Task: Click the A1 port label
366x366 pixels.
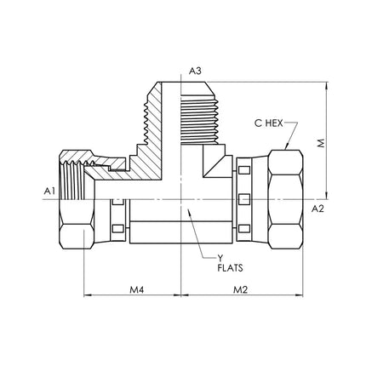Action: (x=49, y=192)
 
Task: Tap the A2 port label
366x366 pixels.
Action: (x=317, y=209)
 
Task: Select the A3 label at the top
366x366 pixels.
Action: (x=195, y=71)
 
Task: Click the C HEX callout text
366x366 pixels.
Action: (x=268, y=123)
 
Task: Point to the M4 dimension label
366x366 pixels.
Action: (x=137, y=289)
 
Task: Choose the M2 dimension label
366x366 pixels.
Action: (x=240, y=289)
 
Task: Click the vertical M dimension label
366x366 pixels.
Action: (x=321, y=143)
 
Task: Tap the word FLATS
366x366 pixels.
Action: (x=230, y=268)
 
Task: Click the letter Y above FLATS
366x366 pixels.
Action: (x=220, y=258)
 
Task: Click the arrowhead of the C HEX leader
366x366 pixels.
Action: (x=286, y=146)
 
